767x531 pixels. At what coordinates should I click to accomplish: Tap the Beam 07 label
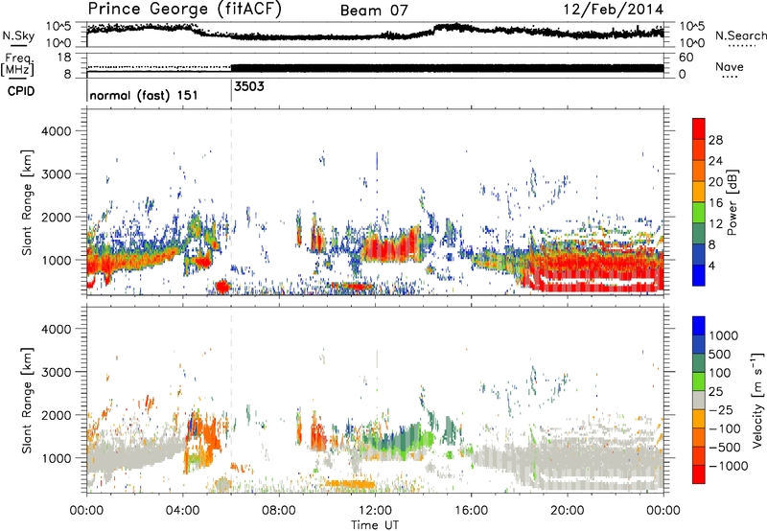(377, 11)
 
